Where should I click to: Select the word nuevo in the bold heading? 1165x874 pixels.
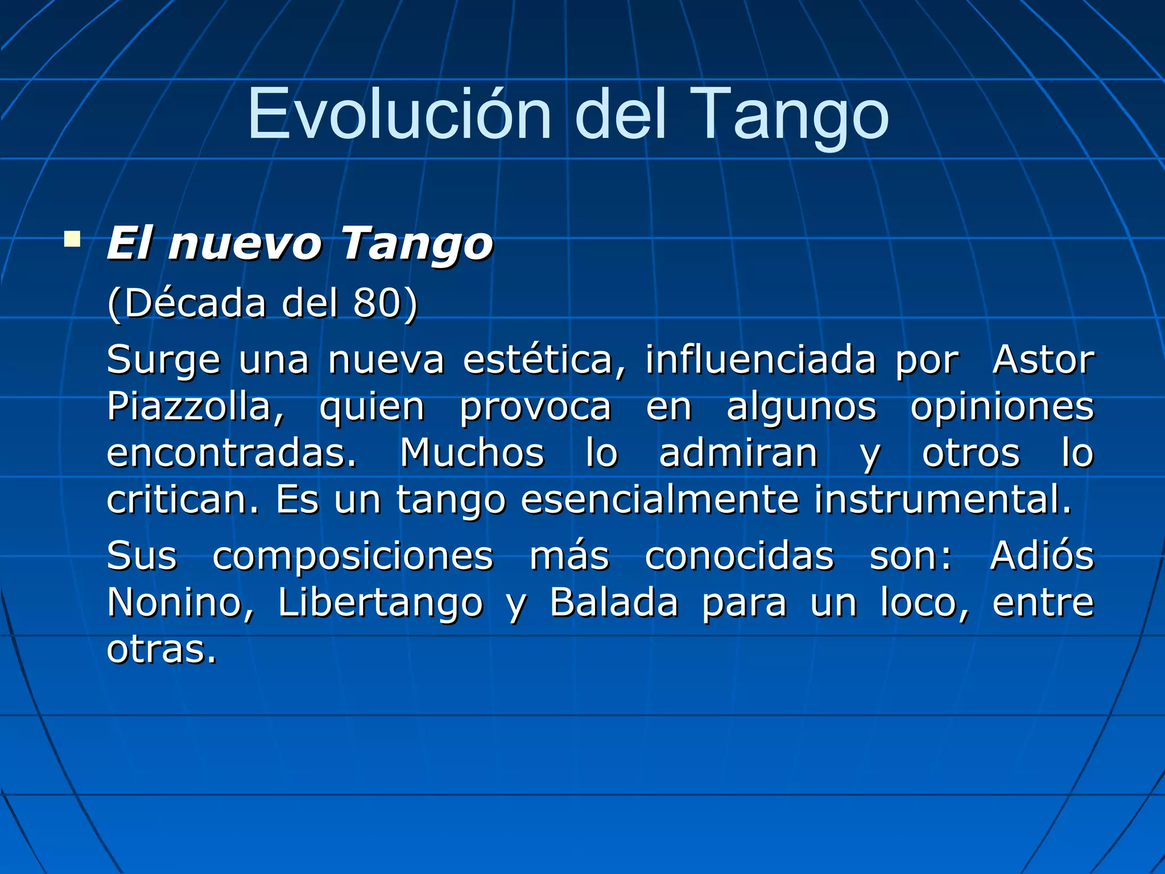coord(245,245)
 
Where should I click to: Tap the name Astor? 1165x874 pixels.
coord(1043,360)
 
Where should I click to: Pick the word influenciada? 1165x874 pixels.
coord(760,360)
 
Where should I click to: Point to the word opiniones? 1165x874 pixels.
coord(1002,407)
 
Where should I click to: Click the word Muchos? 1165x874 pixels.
coord(472,454)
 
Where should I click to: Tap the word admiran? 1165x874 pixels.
coord(738,454)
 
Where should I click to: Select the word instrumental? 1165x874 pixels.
coord(942,500)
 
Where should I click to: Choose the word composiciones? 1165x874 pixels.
coord(353,556)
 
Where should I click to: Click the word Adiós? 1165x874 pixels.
coord(1042,556)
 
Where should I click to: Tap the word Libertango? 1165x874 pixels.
coord(380,603)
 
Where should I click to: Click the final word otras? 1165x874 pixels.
coord(162,649)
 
